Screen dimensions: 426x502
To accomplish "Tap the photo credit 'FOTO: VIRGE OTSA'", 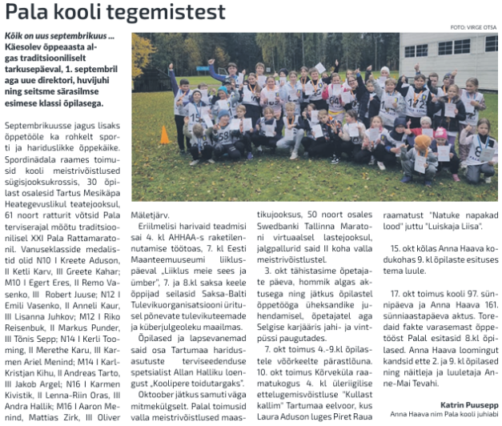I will (x=473, y=28).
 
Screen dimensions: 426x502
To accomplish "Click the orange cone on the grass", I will (x=164, y=135).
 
